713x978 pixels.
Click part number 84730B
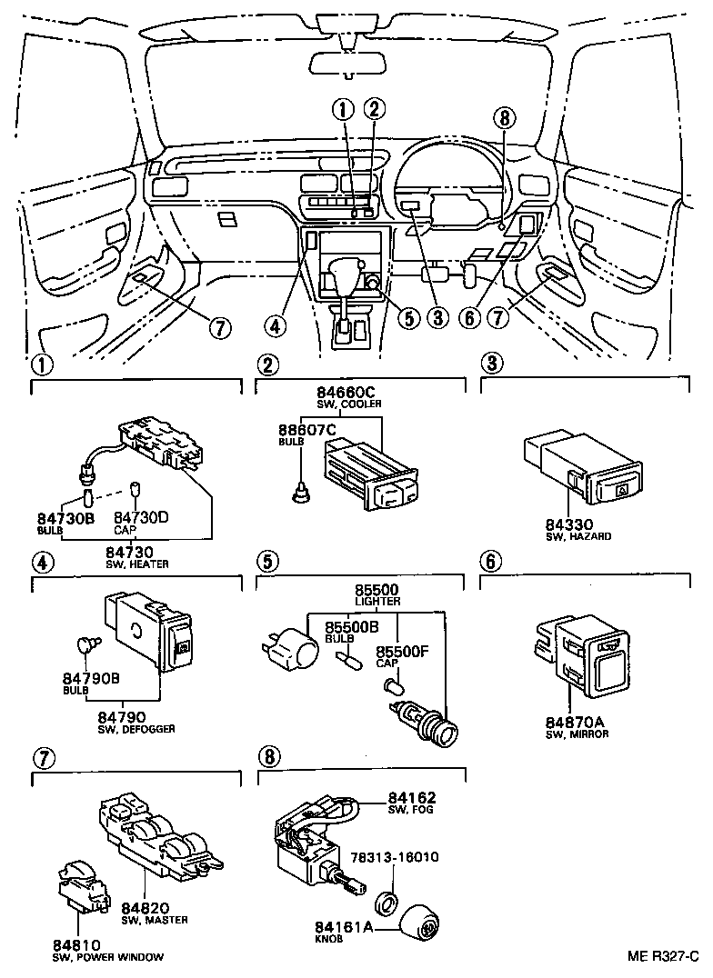(63, 519)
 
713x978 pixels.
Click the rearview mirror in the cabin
(349, 62)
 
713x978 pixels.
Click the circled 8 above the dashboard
(505, 116)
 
